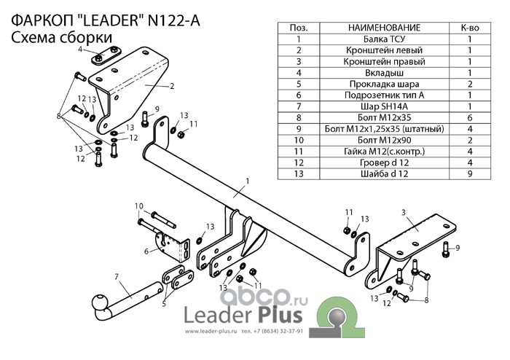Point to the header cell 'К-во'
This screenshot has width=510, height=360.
click(470, 27)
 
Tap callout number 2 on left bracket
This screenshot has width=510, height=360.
click(172, 86)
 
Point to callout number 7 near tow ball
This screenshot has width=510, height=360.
click(116, 275)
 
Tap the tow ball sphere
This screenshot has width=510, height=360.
click(98, 302)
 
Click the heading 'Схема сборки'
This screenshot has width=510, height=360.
click(62, 37)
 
